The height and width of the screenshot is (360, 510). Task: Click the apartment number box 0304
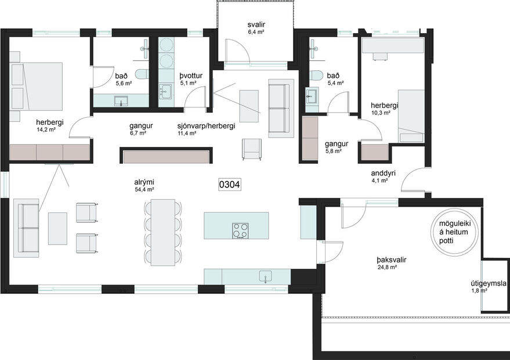click(230, 185)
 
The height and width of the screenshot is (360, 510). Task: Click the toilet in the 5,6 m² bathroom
click(140, 74)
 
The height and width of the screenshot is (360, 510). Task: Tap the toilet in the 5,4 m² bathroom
click(316, 75)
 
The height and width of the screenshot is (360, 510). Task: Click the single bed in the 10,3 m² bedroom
click(410, 116)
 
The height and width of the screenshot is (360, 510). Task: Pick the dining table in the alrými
click(163, 232)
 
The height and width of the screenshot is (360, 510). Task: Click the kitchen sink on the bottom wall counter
click(266, 277)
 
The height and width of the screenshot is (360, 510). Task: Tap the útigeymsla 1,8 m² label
click(488, 287)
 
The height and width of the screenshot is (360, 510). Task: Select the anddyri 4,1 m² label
click(384, 177)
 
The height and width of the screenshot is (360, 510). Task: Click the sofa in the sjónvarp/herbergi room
click(278, 110)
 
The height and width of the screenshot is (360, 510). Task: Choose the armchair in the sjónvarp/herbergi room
click(252, 149)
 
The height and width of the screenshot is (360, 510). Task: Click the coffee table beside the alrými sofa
click(57, 228)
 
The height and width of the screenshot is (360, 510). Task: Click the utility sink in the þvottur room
click(166, 92)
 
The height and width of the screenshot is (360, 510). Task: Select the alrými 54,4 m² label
click(144, 185)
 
